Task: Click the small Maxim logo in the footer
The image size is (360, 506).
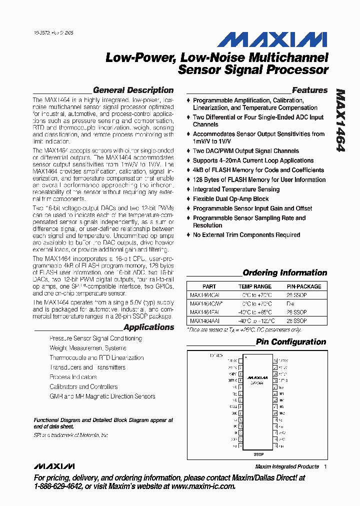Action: (54, 466)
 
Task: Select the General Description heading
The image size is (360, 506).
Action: (133, 90)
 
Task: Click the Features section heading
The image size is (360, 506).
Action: (309, 90)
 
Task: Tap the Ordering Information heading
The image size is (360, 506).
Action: (284, 273)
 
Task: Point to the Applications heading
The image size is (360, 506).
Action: (148, 327)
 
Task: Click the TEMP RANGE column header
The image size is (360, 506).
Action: (255, 286)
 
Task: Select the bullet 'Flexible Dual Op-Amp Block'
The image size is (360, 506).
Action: (230, 199)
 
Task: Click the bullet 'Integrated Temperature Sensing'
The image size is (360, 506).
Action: (236, 189)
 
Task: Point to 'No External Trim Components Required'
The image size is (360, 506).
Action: (246, 235)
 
